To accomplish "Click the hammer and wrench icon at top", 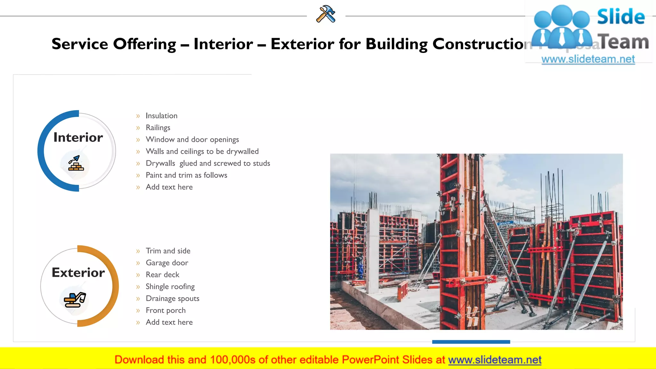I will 326,14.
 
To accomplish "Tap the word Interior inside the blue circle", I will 78,137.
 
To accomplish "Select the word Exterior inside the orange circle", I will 78,273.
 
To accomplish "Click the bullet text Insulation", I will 161,116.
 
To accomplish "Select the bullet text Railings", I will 158,127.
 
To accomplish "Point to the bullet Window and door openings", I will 192,140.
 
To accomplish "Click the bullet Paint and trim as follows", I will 186,175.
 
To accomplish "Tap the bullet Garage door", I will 167,263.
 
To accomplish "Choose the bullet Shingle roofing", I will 170,287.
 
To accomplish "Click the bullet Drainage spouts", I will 172,299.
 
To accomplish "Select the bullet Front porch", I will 166,310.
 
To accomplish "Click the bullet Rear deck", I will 162,275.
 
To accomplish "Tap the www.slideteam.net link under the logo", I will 588,59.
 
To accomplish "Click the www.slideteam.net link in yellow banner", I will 495,360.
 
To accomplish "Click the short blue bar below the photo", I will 471,342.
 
